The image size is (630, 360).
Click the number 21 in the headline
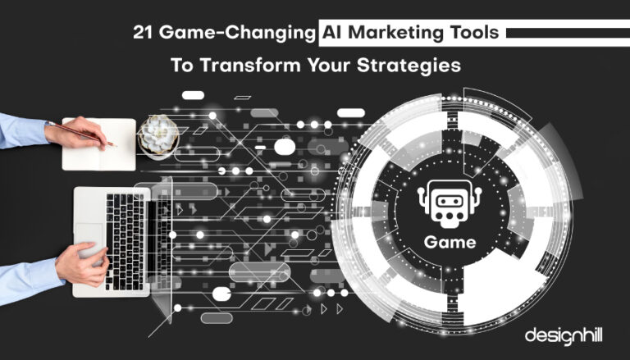[x=143, y=33]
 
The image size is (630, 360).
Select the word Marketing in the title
[x=395, y=33]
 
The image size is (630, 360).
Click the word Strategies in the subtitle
[x=409, y=66]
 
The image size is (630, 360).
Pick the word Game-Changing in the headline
[x=237, y=34]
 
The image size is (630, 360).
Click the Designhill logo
[x=564, y=335]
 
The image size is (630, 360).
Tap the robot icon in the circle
[x=450, y=203]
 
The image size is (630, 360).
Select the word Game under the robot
[x=450, y=242]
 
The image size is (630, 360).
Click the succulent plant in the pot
[x=158, y=134]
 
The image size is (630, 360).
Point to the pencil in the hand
[x=80, y=134]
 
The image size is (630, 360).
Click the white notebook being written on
[x=98, y=144]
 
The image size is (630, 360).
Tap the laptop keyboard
[x=125, y=241]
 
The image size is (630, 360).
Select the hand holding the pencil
[x=75, y=133]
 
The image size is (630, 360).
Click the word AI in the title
[x=332, y=33]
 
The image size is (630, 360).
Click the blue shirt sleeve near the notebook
[x=23, y=130]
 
